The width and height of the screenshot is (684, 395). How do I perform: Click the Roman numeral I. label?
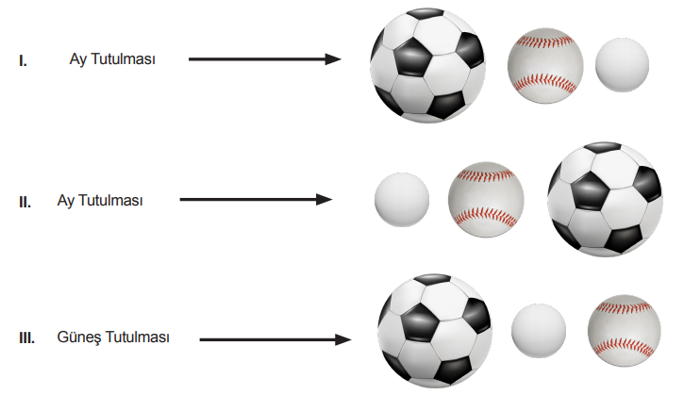point(24,60)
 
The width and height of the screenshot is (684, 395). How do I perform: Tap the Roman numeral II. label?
point(25,203)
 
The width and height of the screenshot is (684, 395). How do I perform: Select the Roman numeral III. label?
point(27,337)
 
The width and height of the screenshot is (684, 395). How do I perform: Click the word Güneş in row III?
point(79,337)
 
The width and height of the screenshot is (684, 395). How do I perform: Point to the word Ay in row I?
point(78,59)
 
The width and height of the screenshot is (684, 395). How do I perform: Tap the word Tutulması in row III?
point(138,337)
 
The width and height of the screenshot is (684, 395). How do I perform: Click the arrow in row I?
point(265,58)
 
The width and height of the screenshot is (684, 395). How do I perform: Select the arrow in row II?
point(256,200)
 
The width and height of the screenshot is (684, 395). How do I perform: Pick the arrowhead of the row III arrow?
point(342,339)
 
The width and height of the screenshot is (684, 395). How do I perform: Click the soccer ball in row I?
point(427,65)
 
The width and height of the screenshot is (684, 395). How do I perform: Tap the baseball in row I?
point(545,66)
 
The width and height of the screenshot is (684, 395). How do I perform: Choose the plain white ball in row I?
point(622,65)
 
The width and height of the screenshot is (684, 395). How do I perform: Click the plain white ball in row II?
point(402,200)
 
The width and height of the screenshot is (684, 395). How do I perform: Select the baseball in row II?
point(486,200)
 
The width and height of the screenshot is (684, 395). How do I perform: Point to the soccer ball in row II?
point(605,199)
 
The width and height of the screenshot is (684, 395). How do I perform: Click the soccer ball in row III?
point(435,331)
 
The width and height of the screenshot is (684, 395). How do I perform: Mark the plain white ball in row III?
point(539,331)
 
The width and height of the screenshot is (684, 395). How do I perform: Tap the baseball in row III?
point(625,331)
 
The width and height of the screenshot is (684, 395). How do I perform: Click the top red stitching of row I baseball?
point(545,42)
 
